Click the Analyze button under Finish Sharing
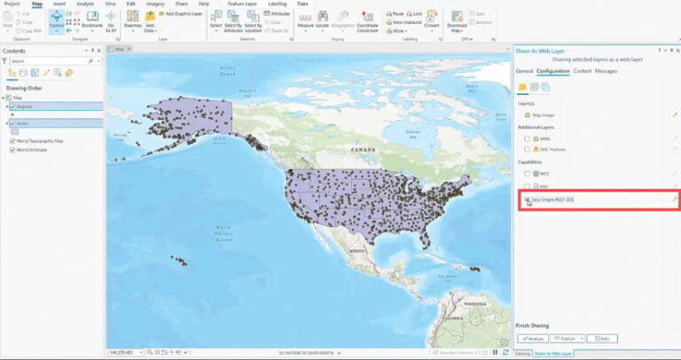pos(531,338)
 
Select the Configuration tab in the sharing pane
pos(552,70)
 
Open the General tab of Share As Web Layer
pos(524,70)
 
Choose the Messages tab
pos(607,70)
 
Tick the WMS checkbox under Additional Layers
pos(528,138)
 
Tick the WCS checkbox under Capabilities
pos(528,174)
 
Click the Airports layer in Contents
pos(27,106)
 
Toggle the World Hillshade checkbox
pos(12,150)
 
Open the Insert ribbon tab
pos(59,4)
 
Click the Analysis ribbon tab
pos(85,4)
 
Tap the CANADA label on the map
pos(364,151)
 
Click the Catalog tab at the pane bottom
pos(522,353)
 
